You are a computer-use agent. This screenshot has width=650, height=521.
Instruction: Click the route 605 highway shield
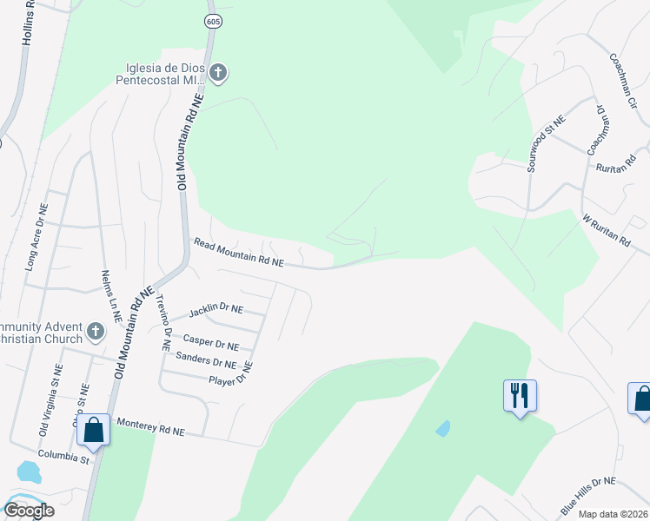[x=211, y=19]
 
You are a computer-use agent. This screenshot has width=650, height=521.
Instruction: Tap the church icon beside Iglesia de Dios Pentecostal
[x=218, y=74]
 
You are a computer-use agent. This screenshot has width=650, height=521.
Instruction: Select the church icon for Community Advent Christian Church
[x=96, y=331]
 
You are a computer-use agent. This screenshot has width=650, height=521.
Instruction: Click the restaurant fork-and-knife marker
[x=520, y=395]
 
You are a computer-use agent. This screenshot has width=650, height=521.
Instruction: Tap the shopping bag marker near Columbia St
[x=93, y=429]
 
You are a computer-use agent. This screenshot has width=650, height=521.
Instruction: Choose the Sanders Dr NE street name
[x=205, y=359]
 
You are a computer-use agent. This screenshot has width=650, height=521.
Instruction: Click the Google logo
[x=29, y=511]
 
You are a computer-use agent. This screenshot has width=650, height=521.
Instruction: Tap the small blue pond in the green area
[x=443, y=428]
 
